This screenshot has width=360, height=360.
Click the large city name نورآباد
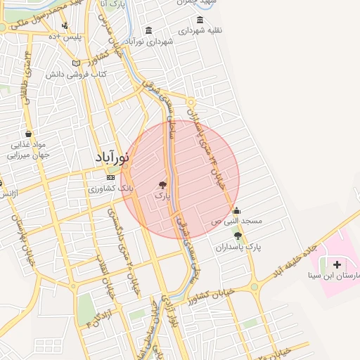point(113,157)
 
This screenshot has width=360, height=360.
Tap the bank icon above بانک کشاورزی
point(110,176)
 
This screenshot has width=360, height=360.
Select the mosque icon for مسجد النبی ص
point(236,210)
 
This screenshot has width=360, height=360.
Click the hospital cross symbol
point(337,265)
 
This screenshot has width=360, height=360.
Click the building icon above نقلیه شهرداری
point(200,20)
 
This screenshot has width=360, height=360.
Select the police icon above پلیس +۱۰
point(65,26)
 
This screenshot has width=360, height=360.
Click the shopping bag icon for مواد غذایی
point(28,134)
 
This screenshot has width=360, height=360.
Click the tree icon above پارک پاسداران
point(238,236)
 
